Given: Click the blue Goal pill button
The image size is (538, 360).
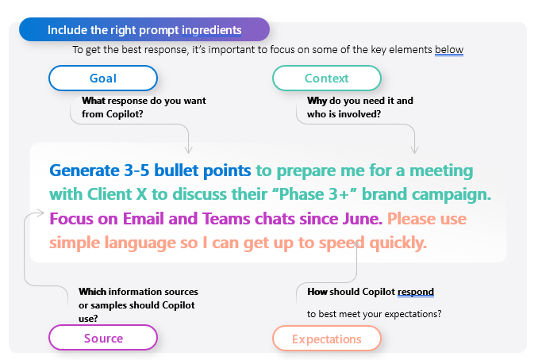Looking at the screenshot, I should coord(103,78).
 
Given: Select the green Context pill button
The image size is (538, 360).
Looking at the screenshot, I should coord(326,78).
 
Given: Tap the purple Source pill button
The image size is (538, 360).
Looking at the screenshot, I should coord(103,338).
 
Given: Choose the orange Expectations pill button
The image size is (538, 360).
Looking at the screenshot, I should coord(326,339).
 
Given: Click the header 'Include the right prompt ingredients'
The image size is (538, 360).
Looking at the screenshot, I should coord(144,30).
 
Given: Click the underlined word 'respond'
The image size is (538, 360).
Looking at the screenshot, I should coord(415,292).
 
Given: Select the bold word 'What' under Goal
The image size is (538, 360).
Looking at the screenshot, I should coord(94,101).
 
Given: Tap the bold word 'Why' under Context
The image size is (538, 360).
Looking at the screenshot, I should coord(317,101).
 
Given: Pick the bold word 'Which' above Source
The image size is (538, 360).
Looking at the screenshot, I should coord(93,292).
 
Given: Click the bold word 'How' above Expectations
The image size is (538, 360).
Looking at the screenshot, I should coord(317,292).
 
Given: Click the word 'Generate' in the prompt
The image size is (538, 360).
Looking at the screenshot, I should coord(87,170).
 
